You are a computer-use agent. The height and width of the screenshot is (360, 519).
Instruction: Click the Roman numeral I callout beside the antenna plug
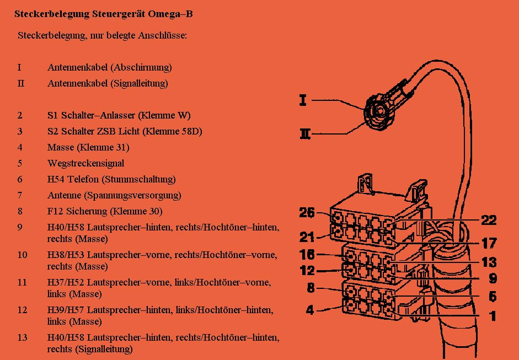pyautogui.click(x=303, y=100)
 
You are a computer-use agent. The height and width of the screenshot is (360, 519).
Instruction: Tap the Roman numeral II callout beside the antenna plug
pyautogui.click(x=305, y=134)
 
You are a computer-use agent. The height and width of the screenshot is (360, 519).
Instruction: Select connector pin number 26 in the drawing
pyautogui.click(x=307, y=213)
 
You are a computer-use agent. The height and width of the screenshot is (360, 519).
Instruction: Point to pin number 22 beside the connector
pyautogui.click(x=489, y=220)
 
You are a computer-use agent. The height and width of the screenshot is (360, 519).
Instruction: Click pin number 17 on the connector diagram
pyautogui.click(x=489, y=244)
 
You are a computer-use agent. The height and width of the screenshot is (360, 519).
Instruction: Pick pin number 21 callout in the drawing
pyautogui.click(x=307, y=237)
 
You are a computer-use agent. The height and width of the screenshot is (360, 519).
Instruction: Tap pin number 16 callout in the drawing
pyautogui.click(x=307, y=255)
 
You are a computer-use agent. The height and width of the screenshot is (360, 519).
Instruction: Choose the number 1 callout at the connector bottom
pyautogui.click(x=493, y=316)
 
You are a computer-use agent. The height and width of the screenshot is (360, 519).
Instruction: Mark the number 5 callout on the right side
pyautogui.click(x=493, y=297)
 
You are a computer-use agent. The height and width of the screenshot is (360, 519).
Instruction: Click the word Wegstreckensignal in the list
pyautogui.click(x=85, y=163)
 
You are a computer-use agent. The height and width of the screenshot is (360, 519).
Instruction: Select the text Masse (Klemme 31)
pyautogui.click(x=88, y=147)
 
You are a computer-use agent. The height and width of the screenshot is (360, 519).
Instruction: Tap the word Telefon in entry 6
pyautogui.click(x=83, y=179)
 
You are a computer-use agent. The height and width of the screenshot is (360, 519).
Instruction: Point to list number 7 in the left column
pyautogui.click(x=20, y=195)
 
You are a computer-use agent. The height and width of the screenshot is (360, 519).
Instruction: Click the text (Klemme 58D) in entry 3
pyautogui.click(x=172, y=131)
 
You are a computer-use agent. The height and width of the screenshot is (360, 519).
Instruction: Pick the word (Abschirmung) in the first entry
pyautogui.click(x=141, y=67)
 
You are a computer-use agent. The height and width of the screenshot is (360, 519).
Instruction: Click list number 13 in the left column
pyautogui.click(x=22, y=337)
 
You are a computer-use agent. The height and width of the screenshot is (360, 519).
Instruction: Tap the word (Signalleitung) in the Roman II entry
pyautogui.click(x=139, y=83)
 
